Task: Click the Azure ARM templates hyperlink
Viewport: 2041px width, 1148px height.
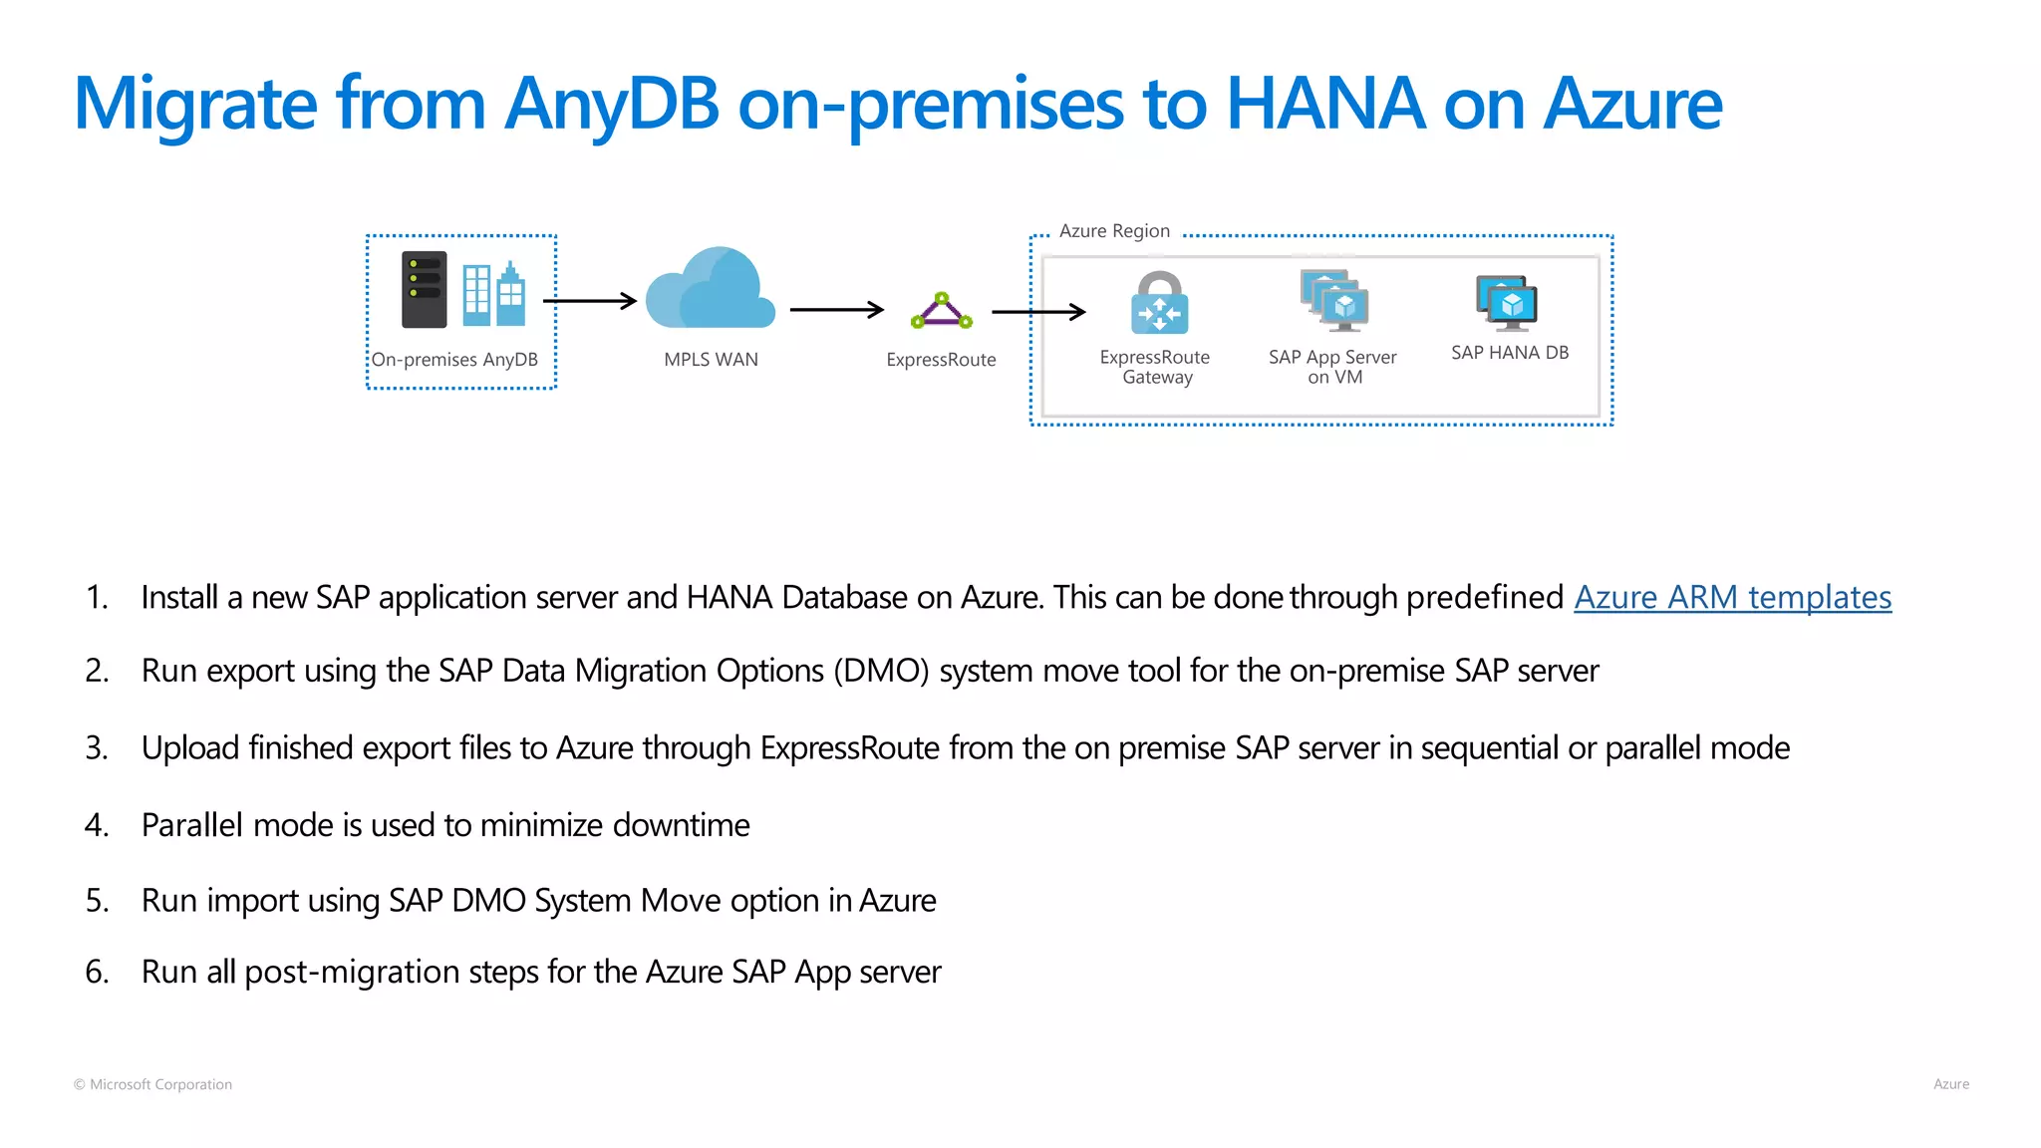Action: tap(1732, 597)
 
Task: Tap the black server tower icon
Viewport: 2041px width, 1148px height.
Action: tap(424, 289)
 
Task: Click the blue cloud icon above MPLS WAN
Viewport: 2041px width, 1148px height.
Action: tap(710, 289)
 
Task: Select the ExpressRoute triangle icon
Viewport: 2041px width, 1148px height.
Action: tap(941, 312)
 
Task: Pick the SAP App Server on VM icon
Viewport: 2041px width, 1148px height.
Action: tap(1334, 299)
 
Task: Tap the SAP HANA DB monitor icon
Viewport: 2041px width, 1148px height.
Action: tap(1507, 303)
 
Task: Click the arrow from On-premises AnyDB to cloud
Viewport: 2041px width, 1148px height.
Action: tap(590, 301)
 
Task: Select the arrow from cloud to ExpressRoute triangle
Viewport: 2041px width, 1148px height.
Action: tap(836, 310)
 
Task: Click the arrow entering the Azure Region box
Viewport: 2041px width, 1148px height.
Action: tap(1038, 312)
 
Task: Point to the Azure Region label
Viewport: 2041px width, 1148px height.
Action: tap(1114, 231)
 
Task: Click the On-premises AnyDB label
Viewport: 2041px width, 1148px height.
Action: tap(454, 360)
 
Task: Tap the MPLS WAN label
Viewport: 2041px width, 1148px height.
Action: tap(711, 360)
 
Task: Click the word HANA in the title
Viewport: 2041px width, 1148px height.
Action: tap(1324, 104)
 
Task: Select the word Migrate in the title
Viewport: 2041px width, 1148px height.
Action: tap(195, 106)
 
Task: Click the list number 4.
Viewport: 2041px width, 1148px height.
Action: tap(96, 825)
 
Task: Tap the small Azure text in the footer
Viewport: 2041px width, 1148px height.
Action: tap(1950, 1084)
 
